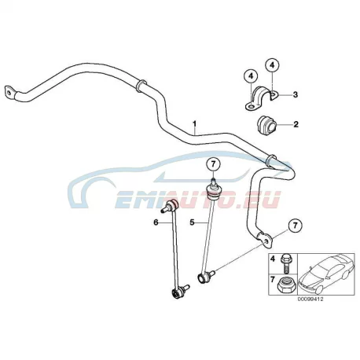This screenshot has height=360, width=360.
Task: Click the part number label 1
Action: [x=194, y=123]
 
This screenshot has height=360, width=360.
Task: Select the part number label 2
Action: [x=296, y=124]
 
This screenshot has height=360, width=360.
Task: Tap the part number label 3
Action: [x=296, y=94]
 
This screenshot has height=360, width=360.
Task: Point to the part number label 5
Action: [x=193, y=222]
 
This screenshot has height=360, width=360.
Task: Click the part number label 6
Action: [x=156, y=222]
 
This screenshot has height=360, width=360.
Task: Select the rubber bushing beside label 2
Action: [x=266, y=124]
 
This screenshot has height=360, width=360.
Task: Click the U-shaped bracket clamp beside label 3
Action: [x=261, y=97]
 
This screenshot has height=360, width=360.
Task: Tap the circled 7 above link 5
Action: [x=213, y=164]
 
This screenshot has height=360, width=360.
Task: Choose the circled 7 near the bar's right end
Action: [x=296, y=225]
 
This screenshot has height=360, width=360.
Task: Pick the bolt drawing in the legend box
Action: [x=285, y=264]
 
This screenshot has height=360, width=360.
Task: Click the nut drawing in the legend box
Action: [x=285, y=285]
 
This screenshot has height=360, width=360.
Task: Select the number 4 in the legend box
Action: [x=273, y=259]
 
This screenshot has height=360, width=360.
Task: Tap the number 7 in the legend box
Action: [x=273, y=280]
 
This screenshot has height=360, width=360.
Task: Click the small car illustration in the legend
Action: [x=326, y=274]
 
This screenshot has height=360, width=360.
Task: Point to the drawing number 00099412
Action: [x=310, y=299]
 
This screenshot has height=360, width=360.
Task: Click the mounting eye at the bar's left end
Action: [x=9, y=93]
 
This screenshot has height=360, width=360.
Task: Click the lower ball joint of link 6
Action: [x=178, y=292]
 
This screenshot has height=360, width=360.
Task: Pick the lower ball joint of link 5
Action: [x=205, y=277]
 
